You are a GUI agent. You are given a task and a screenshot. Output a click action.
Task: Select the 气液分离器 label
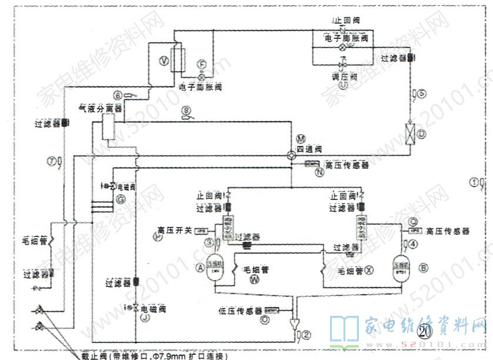pyautogui.click(x=100, y=109)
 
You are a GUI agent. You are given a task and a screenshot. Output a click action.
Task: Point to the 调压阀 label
pyautogui.click(x=345, y=77)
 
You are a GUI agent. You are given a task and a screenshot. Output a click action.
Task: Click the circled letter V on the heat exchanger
pyautogui.click(x=165, y=61)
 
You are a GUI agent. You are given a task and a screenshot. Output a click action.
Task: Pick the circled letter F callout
pyautogui.click(x=202, y=64)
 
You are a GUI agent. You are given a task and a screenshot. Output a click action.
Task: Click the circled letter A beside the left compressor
pyautogui.click(x=200, y=268)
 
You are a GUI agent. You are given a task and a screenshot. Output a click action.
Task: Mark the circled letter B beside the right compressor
pyautogui.click(x=424, y=266)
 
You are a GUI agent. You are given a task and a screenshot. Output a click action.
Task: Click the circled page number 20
pyautogui.click(x=425, y=331)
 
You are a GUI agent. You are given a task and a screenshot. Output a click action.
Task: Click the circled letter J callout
pyautogui.click(x=144, y=318)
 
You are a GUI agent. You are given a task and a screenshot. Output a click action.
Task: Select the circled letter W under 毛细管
pyautogui.click(x=254, y=280)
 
